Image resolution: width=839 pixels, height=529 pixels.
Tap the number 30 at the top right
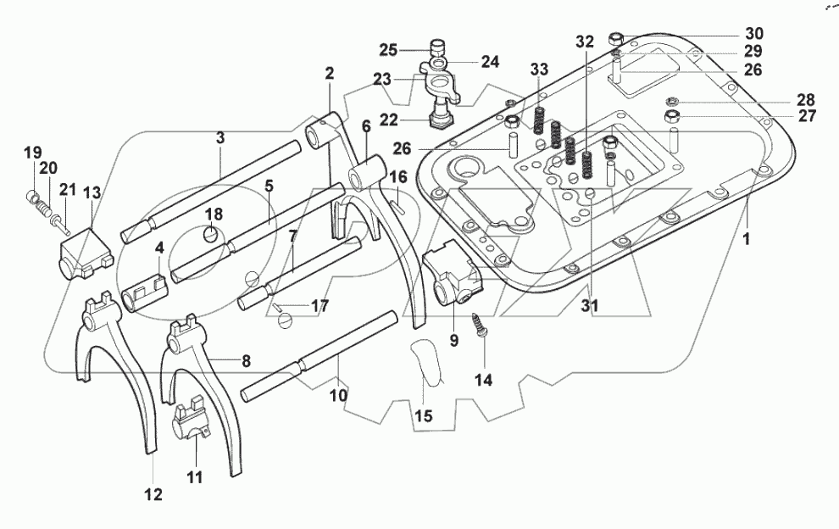[x=753, y=35]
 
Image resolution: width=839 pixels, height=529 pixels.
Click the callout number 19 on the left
[x=32, y=153]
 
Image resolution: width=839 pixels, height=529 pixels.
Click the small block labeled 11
[x=191, y=420]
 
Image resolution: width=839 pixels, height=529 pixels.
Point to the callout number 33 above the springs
[x=540, y=68]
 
